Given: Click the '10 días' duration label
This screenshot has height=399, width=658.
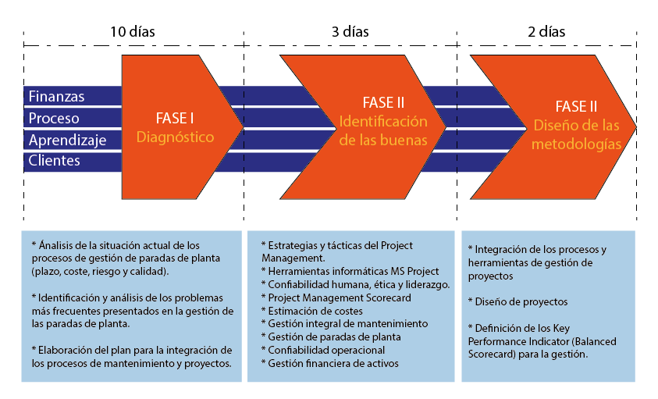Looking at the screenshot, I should click(132, 32).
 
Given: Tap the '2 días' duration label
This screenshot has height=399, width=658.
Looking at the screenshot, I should click(546, 32).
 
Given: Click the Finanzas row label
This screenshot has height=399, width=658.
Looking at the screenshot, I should click(57, 96).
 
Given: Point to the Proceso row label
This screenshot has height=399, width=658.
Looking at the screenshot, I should click(54, 118).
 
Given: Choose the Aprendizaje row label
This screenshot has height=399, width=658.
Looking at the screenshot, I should click(67, 141).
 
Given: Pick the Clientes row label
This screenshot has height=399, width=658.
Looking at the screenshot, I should click(55, 161).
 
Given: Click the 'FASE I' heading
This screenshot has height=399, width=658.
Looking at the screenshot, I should click(176, 119).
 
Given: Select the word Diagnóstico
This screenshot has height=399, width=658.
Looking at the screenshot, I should click(175, 137).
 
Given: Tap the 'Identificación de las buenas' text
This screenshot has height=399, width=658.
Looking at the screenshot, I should click(382, 131).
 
